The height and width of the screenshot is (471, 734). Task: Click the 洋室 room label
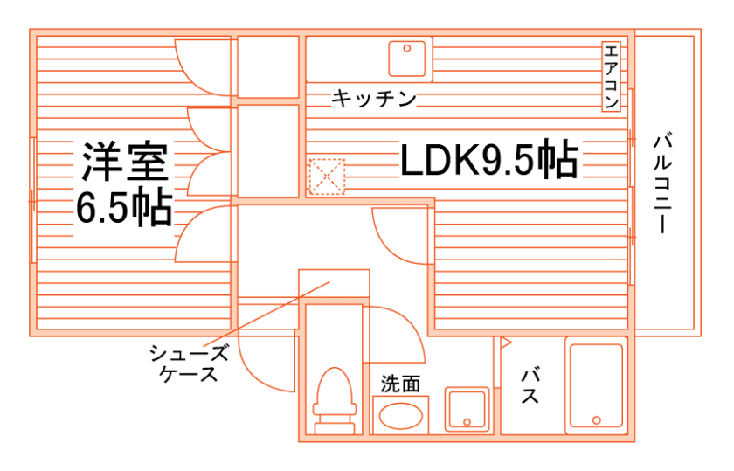pos(123,162)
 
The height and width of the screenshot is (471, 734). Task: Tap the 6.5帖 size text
pos(123,208)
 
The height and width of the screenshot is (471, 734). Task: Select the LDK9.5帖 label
pos(488,161)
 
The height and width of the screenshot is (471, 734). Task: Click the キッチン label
pos(373,98)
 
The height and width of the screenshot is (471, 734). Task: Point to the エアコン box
pos(611,77)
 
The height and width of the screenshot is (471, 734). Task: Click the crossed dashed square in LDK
pos(327,176)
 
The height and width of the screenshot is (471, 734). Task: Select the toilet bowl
pos(334,398)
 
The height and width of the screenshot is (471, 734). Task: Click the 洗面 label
pos(401,383)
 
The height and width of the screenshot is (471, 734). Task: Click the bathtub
pos(596,385)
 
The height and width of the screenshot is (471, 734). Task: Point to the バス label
pos(530,385)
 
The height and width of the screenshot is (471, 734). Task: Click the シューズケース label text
pos(189,364)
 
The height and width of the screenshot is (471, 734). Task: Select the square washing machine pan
pos(467,409)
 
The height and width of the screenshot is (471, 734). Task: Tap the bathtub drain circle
pos(597,419)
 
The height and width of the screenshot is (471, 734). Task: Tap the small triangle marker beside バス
pos(504,343)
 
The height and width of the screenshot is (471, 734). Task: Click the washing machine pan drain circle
pos(467,422)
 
